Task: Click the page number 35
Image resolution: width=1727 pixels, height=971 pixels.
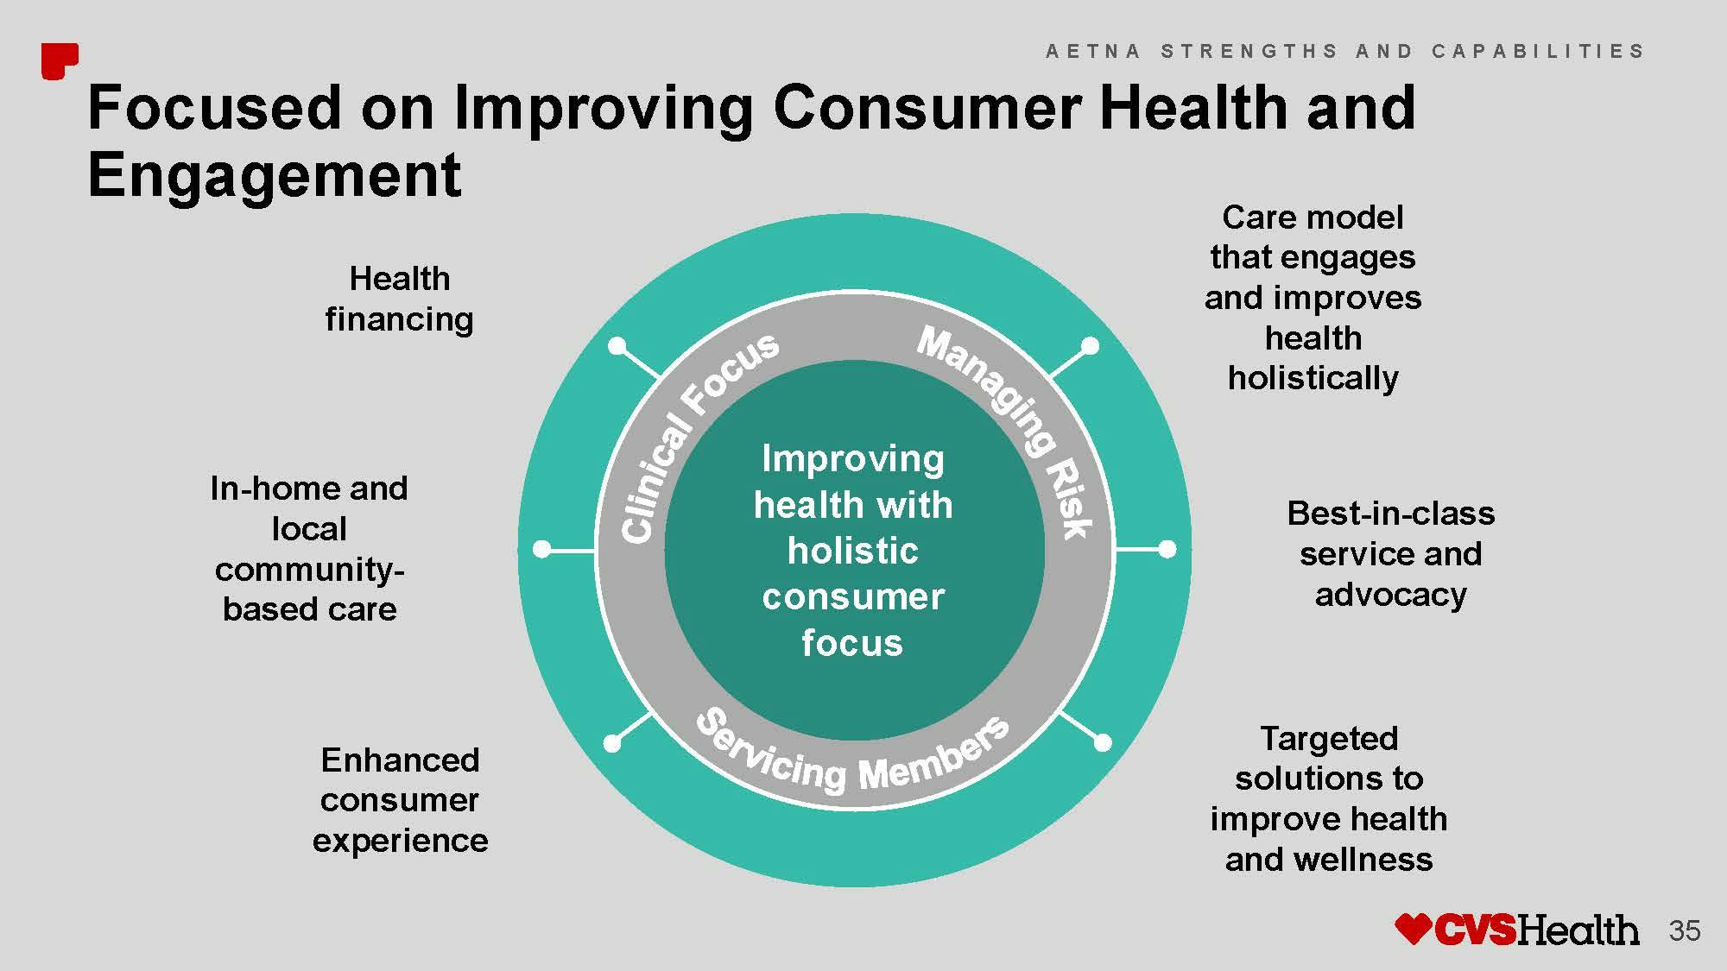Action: click(x=1685, y=931)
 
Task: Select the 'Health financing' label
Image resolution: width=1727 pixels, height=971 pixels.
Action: click(x=399, y=299)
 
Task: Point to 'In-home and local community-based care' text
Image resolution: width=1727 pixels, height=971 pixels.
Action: click(x=309, y=549)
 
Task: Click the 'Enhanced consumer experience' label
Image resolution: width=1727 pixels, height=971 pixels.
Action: click(x=400, y=800)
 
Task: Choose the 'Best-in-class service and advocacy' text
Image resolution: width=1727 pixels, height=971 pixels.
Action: click(x=1390, y=553)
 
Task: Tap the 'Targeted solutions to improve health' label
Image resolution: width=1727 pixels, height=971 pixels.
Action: click(x=1329, y=798)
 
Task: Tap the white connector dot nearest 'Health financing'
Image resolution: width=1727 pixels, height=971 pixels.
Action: click(x=617, y=346)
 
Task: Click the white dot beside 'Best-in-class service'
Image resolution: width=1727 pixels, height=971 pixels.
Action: click(x=1167, y=549)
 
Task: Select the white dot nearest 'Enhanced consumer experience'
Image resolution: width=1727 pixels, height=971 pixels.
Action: click(x=612, y=742)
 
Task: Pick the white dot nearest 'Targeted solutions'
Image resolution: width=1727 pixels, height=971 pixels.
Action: click(x=1103, y=741)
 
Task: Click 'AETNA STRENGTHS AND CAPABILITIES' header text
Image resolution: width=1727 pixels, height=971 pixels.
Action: click(x=1345, y=51)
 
